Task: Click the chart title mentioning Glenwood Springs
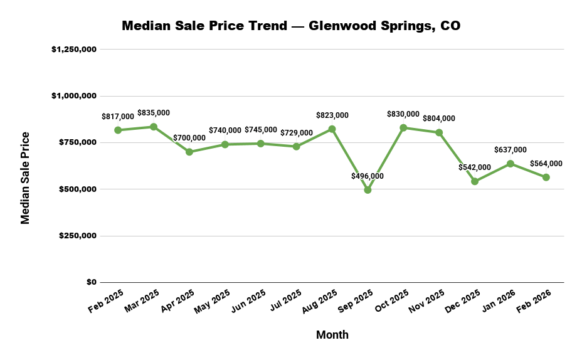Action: point(291,26)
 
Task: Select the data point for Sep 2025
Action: point(368,190)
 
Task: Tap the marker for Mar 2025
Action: point(154,127)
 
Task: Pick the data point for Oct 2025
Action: point(403,127)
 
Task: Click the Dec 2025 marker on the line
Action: point(475,181)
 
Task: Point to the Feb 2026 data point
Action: point(546,177)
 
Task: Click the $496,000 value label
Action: point(368,176)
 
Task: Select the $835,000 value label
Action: point(154,113)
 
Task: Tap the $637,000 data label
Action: point(511,150)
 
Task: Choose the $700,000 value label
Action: point(189,138)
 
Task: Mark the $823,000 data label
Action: point(332,115)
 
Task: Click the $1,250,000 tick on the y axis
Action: point(73,49)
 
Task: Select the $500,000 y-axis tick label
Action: point(78,189)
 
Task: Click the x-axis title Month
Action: point(332,335)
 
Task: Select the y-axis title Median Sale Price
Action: point(26,177)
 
